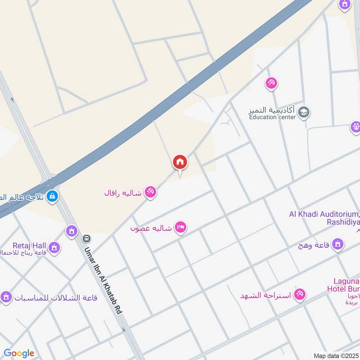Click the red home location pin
(x=180, y=162)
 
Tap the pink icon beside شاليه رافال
(x=150, y=193)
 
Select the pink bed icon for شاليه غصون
(x=180, y=228)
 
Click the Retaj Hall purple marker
(x=54, y=247)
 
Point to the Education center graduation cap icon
(x=304, y=112)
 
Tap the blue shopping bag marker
(x=52, y=196)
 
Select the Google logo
(x=18, y=353)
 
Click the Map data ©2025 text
(x=336, y=355)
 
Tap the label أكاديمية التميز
(x=272, y=110)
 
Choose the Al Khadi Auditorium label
(x=324, y=214)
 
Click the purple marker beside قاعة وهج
(x=337, y=245)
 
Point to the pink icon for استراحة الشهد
(x=299, y=295)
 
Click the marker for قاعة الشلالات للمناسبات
(x=6, y=297)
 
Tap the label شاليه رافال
(x=123, y=193)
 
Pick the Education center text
(x=272, y=117)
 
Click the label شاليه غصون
(x=151, y=228)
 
